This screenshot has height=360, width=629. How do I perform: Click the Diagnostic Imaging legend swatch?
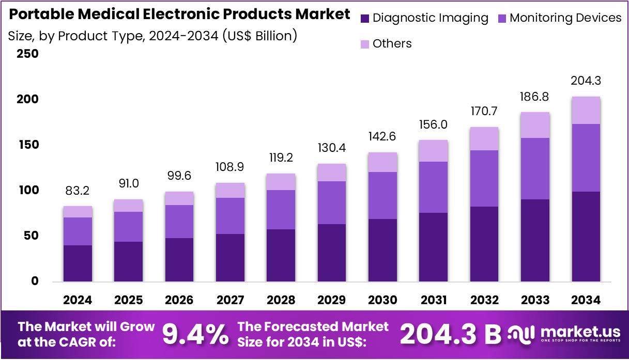click(365, 19)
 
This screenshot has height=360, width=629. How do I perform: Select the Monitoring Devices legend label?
click(565, 18)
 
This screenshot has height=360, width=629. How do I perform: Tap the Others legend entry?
click(392, 44)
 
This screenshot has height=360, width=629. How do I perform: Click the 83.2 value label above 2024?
click(78, 191)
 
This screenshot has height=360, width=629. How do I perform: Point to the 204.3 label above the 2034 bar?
click(586, 81)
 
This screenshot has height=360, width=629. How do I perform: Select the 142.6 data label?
click(383, 137)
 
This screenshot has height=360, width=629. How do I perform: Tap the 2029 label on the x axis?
click(332, 300)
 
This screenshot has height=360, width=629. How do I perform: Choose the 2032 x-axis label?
click(484, 300)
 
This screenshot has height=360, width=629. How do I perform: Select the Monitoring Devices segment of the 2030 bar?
click(383, 195)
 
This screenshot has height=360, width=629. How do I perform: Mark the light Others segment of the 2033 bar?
click(535, 125)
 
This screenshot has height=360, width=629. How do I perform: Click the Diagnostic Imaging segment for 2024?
click(78, 263)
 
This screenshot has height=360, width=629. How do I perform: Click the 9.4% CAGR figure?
click(195, 335)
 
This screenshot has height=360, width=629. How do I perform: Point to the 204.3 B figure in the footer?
click(450, 335)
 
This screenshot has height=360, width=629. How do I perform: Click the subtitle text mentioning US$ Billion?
click(152, 36)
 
